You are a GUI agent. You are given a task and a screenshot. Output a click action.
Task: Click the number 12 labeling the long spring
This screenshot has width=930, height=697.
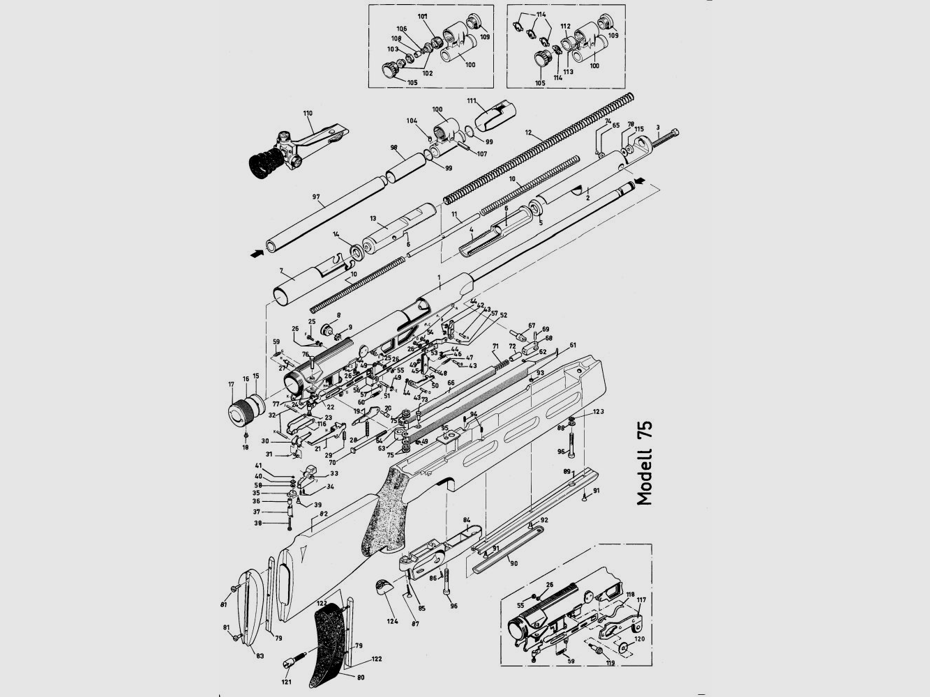coord(528,132)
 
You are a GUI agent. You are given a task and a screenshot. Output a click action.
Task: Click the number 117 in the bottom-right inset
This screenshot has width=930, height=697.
coord(640,599)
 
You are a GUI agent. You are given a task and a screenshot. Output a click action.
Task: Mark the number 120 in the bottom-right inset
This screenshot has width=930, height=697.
coord(638,638)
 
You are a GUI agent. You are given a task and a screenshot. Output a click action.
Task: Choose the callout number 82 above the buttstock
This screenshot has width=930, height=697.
coord(323,514)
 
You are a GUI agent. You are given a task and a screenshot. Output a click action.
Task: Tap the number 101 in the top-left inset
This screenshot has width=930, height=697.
coord(423,15)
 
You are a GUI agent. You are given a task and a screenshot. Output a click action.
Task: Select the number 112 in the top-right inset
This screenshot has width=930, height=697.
coord(566,26)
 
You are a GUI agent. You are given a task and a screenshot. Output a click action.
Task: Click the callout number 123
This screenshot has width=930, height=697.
coord(598,412)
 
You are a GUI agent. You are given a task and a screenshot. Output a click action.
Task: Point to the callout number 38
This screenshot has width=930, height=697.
coord(258,523)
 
